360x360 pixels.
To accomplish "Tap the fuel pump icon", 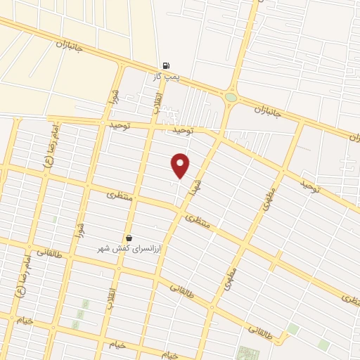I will point(166,64).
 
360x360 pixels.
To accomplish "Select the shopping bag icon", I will point(129,238).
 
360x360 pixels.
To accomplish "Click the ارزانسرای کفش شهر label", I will point(129,249).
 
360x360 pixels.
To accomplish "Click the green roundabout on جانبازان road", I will point(231,97).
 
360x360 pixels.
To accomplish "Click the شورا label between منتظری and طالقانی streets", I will point(82,229).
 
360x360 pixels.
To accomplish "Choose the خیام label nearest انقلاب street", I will point(116,345).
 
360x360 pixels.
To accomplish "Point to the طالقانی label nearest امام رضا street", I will point(49,251).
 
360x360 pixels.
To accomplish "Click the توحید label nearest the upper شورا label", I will point(121,124).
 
